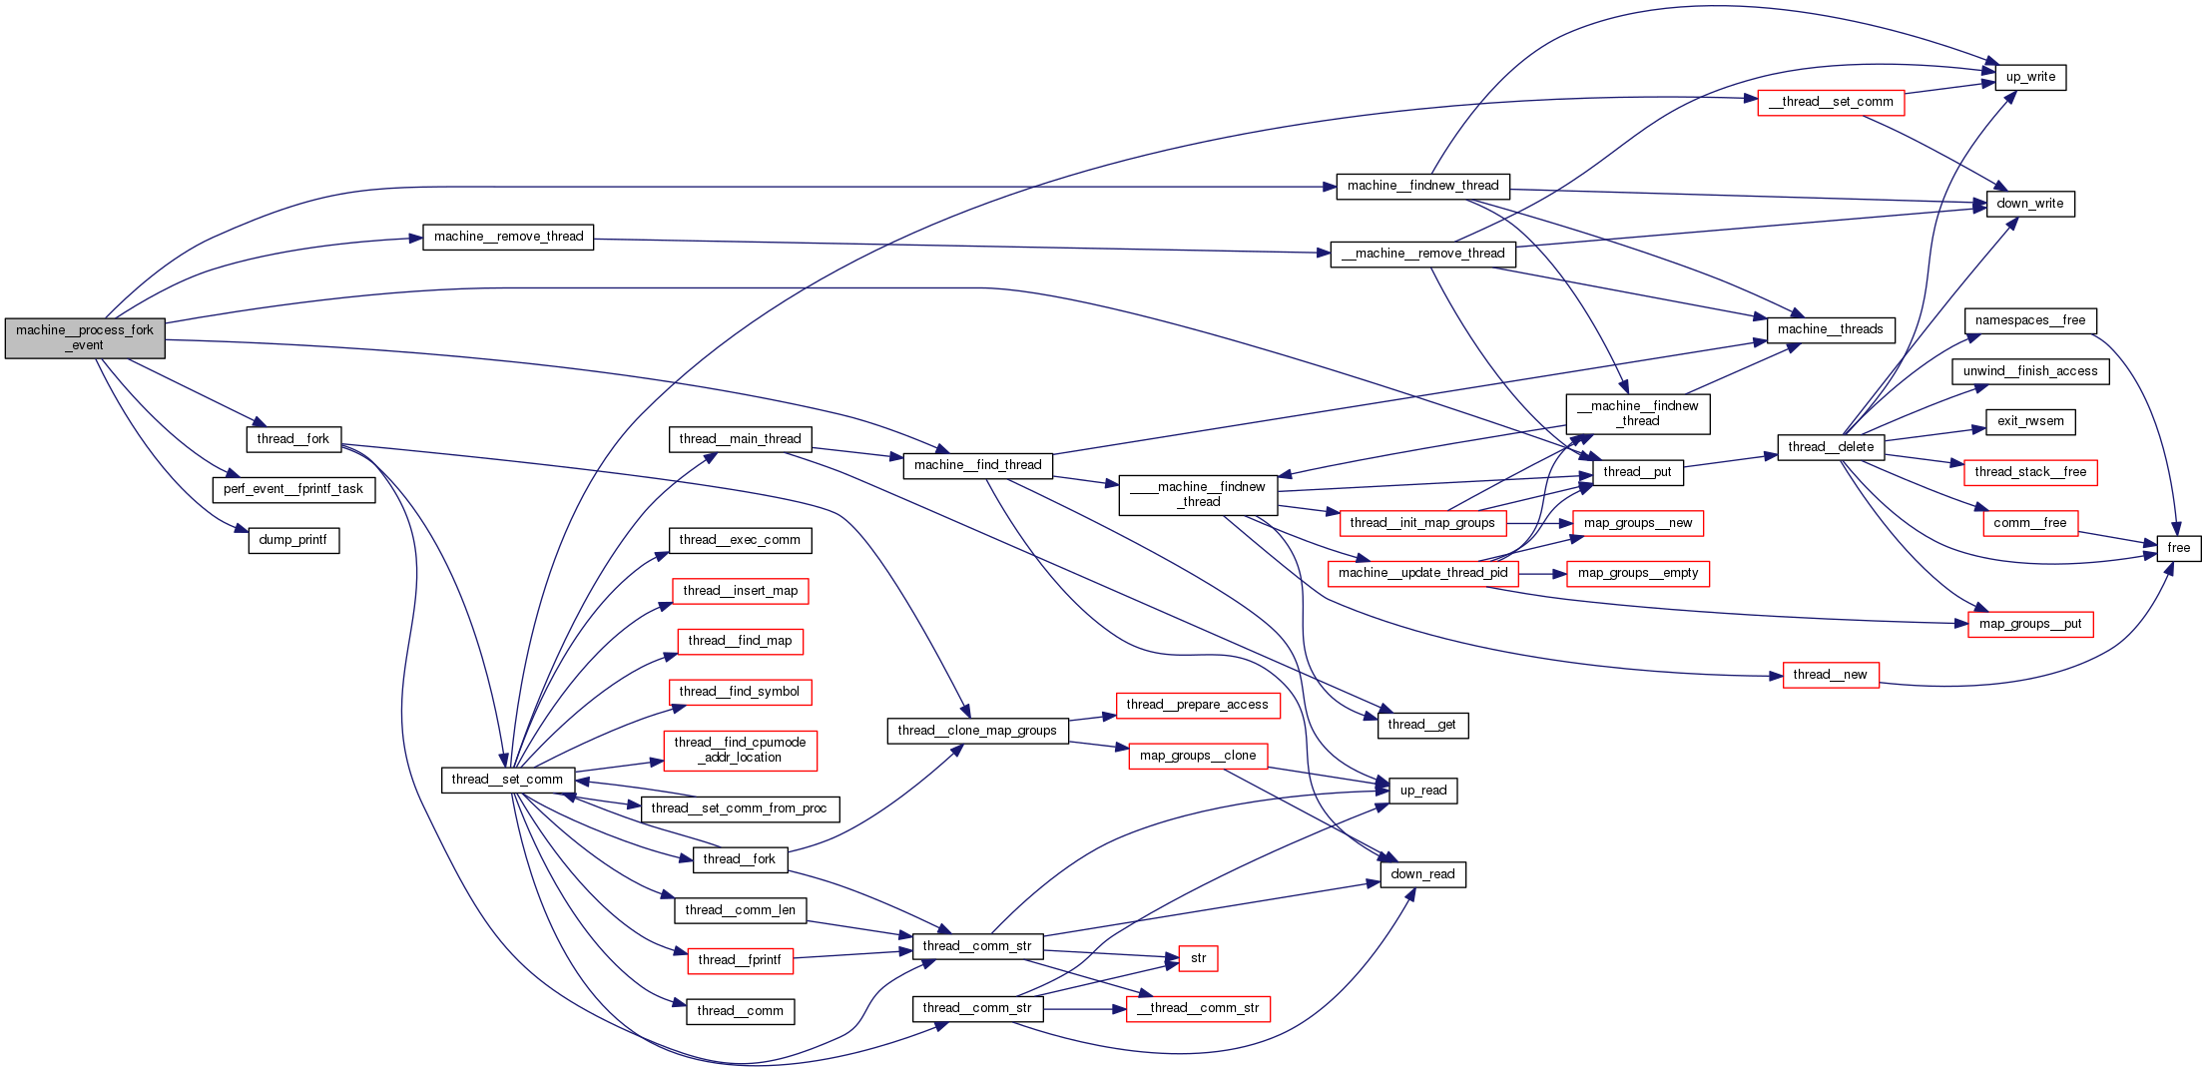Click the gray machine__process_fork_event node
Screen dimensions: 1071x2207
point(85,338)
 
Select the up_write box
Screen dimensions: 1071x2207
point(2030,77)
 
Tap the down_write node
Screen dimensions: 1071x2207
point(2029,204)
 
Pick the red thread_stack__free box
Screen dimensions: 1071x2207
point(2030,472)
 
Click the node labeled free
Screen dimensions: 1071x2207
point(2178,548)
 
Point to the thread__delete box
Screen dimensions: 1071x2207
point(1830,447)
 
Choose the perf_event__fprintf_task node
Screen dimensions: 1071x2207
point(293,489)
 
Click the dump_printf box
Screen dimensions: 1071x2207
point(293,540)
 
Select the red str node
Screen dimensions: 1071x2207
point(1198,958)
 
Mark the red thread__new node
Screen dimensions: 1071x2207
point(1830,675)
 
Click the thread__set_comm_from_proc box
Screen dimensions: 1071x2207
point(739,808)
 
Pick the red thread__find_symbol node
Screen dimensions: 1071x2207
point(739,692)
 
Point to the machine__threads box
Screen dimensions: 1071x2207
point(1830,329)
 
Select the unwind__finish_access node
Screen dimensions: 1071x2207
point(2030,371)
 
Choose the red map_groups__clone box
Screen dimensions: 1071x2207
point(1198,756)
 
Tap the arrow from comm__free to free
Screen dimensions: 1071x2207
point(2117,538)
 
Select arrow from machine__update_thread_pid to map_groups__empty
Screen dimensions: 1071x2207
point(1542,574)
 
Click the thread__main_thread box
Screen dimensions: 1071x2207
point(740,439)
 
